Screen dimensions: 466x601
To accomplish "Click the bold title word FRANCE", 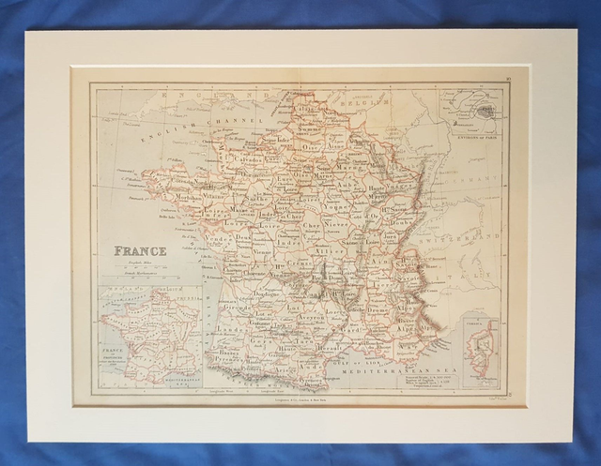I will [140, 251].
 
